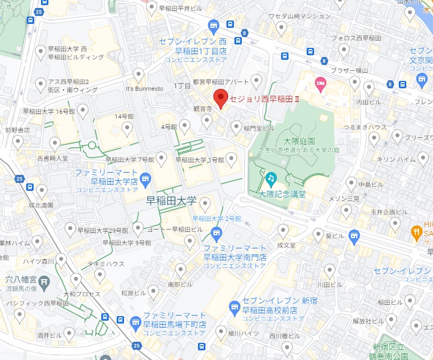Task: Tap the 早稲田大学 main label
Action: pyautogui.click(x=171, y=201)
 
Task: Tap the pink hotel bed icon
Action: pyautogui.click(x=320, y=84)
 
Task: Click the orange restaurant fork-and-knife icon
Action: pyautogui.click(x=416, y=231)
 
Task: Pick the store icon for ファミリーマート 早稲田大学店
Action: pyautogui.click(x=146, y=181)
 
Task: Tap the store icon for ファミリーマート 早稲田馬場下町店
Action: pyautogui.click(x=135, y=323)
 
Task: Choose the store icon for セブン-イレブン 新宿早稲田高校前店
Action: pyautogui.click(x=234, y=308)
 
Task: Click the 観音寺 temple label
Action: pyautogui.click(x=202, y=108)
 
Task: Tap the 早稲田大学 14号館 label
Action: pyautogui.click(x=123, y=116)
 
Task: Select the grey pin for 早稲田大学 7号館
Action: pyautogui.click(x=162, y=157)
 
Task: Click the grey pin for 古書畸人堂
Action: pyautogui.click(x=55, y=142)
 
